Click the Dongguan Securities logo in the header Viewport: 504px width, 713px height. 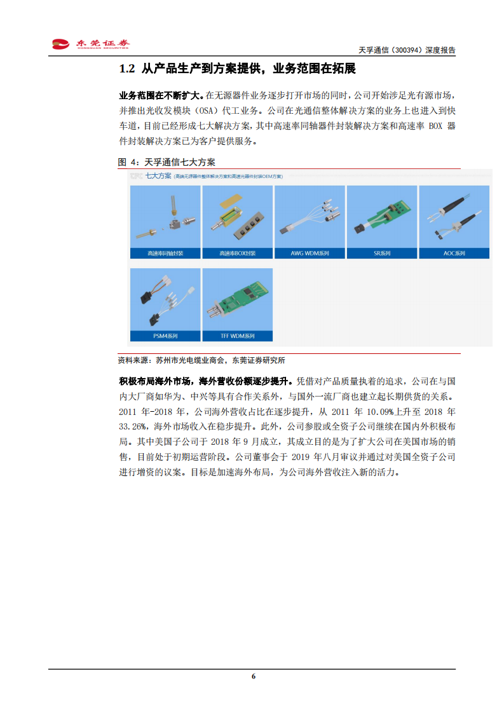[x=90, y=44]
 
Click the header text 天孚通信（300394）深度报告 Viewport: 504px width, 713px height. [x=407, y=50]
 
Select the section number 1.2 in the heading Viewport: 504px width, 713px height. [x=127, y=69]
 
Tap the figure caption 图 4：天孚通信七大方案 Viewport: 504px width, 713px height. [x=167, y=162]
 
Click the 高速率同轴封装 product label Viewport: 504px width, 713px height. [x=165, y=254]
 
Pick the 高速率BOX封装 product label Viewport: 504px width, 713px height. [x=238, y=254]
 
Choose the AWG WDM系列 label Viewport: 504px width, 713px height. [x=310, y=254]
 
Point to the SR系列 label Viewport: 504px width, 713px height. [x=382, y=254]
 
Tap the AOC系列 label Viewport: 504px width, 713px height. [x=454, y=254]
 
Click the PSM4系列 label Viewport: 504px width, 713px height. [x=165, y=336]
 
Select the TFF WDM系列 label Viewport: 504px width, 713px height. [x=238, y=336]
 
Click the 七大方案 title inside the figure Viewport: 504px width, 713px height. [x=158, y=175]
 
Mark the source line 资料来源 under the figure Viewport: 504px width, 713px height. [x=201, y=360]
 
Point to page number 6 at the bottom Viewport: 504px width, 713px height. [x=253, y=676]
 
